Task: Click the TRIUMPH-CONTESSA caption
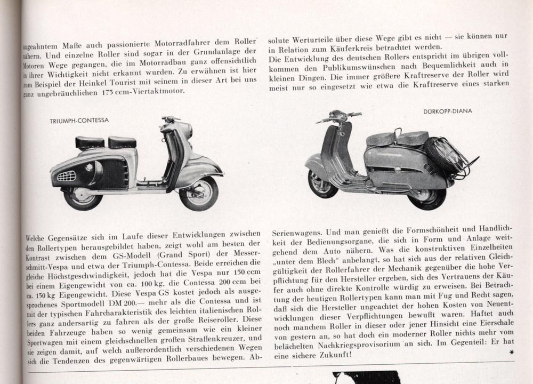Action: click(79, 121)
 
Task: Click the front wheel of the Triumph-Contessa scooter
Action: click(198, 194)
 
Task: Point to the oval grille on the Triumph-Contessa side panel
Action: click(67, 175)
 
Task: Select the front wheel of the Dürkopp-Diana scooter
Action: click(322, 184)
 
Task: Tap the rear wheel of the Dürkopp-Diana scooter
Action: click(426, 198)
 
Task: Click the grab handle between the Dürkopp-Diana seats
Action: click(397, 132)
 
